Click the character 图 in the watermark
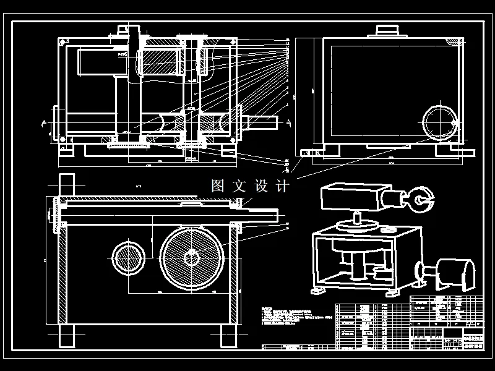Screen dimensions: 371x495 [x=217, y=185]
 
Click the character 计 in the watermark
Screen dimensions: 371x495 [x=283, y=185]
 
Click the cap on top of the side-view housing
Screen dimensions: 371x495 [x=389, y=31]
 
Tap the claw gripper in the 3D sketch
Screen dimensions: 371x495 [x=423, y=199]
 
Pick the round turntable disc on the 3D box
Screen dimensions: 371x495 [x=358, y=226]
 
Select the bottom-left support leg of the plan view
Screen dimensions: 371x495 [x=66, y=337]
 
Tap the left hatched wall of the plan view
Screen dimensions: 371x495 [x=62, y=272]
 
